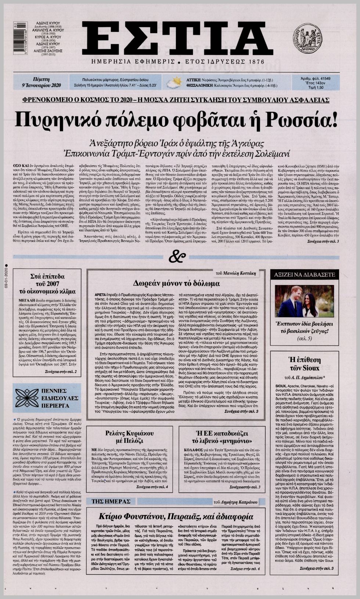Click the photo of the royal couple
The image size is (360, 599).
(304, 301)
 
